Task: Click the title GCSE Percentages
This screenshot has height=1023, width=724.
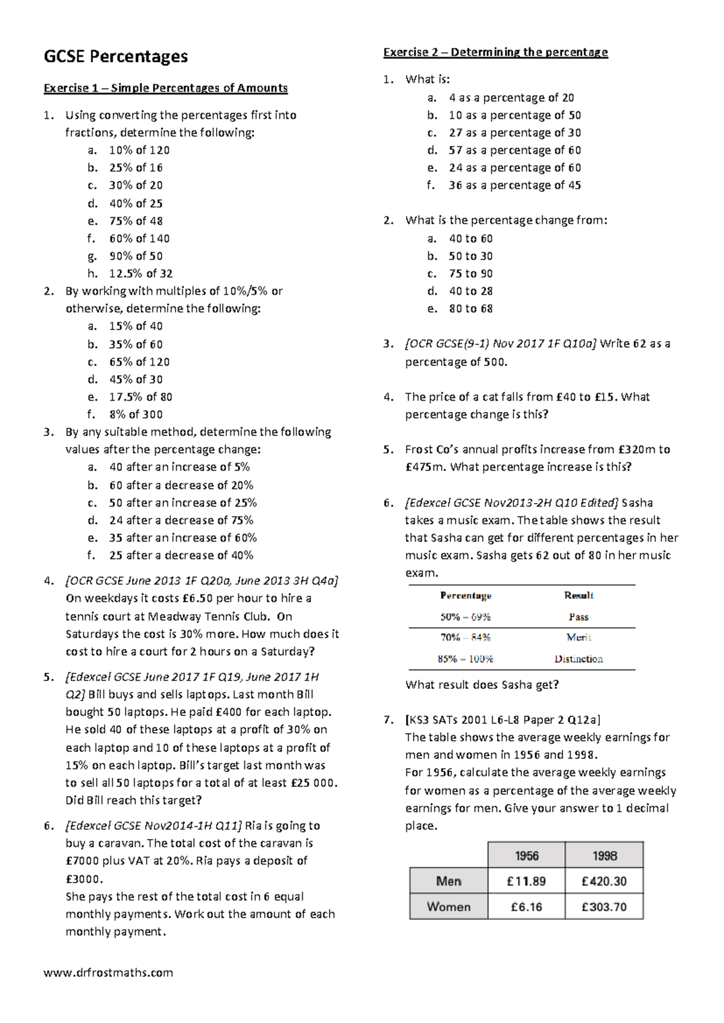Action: pyautogui.click(x=115, y=57)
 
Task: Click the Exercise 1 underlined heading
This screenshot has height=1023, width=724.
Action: pyautogui.click(x=165, y=88)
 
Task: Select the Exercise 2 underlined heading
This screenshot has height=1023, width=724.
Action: pyautogui.click(x=495, y=52)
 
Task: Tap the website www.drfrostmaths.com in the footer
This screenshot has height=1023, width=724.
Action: pyautogui.click(x=108, y=972)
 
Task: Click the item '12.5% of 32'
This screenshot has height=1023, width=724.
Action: pyautogui.click(x=141, y=273)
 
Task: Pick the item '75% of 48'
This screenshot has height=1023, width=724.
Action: pyautogui.click(x=136, y=221)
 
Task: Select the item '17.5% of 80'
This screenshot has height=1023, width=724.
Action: pyautogui.click(x=141, y=397)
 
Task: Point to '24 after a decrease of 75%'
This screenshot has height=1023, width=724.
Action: pyautogui.click(x=181, y=520)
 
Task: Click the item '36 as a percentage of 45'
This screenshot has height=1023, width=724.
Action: pyautogui.click(x=515, y=185)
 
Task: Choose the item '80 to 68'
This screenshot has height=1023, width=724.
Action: pyautogui.click(x=471, y=308)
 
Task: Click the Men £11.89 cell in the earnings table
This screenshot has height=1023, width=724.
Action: pyautogui.click(x=526, y=881)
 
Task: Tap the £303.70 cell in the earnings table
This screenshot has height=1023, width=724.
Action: pyautogui.click(x=604, y=907)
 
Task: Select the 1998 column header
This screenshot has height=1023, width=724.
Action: pyautogui.click(x=604, y=856)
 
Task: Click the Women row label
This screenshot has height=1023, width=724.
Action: pyautogui.click(x=448, y=907)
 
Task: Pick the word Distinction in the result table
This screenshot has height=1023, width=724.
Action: pyautogui.click(x=579, y=659)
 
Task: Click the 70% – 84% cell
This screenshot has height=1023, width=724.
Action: pyautogui.click(x=465, y=637)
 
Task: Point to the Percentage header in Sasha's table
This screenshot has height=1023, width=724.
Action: pyautogui.click(x=465, y=595)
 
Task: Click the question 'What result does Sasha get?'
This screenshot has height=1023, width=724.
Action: pyautogui.click(x=482, y=685)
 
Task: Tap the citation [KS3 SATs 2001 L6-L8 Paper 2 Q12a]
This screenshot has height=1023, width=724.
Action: pyautogui.click(x=503, y=720)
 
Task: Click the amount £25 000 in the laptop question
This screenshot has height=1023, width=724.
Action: pyautogui.click(x=313, y=783)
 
